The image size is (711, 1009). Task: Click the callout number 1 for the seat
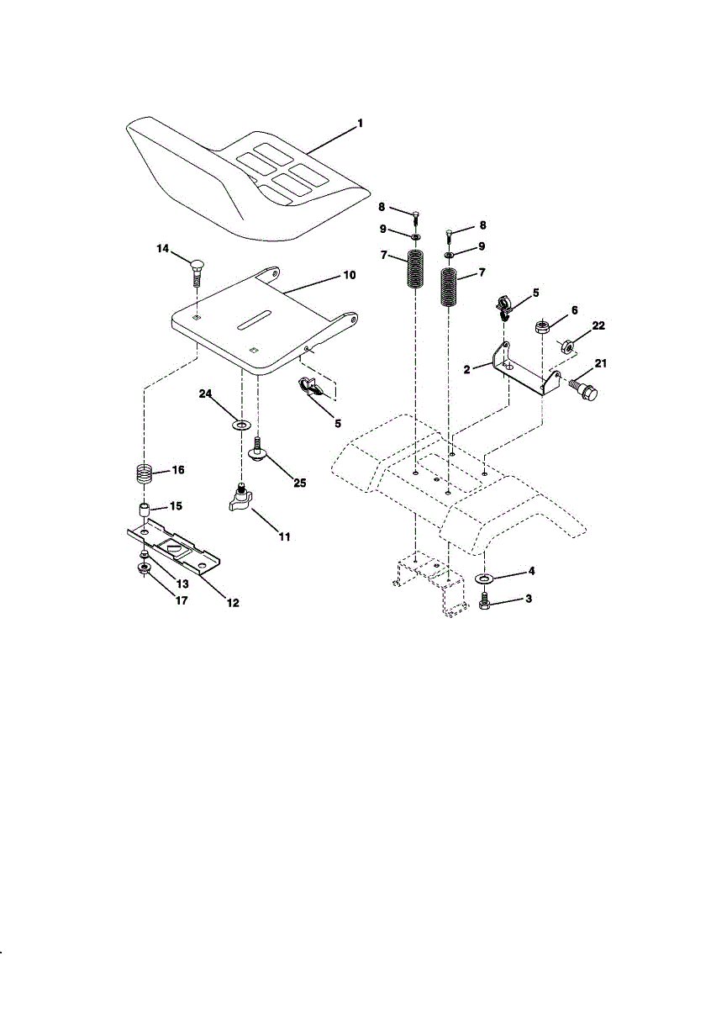(360, 124)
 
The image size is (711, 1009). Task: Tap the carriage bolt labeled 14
(197, 273)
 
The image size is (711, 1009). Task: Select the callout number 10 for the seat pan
(350, 275)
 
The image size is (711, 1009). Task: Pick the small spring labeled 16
(143, 475)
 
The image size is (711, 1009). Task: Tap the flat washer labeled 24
(241, 425)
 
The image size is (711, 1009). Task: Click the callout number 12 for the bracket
(233, 603)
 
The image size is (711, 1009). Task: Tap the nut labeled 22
(566, 346)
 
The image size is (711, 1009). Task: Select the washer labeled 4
(485, 578)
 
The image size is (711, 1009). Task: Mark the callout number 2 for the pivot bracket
(467, 370)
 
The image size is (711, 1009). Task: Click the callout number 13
(182, 584)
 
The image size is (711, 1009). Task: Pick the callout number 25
(300, 483)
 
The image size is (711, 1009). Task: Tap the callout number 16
(178, 470)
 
